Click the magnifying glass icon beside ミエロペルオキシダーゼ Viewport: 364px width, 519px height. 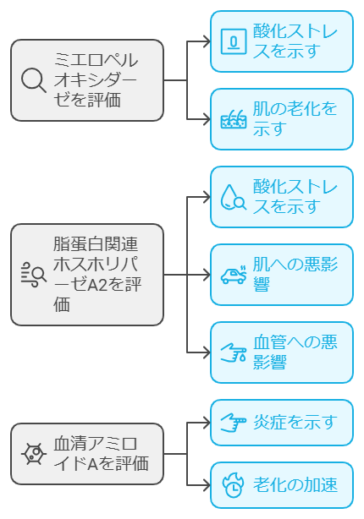coord(34,80)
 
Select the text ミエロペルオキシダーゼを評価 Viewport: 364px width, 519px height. coord(96,80)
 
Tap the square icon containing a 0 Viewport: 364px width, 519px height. coord(234,41)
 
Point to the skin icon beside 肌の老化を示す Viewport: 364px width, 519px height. coord(234,119)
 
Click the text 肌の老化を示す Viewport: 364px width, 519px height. coord(295,119)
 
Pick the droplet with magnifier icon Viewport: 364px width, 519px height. coord(234,197)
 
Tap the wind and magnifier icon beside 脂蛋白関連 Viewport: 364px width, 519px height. coord(34,275)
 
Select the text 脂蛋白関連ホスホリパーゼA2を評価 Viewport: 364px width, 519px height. coord(97,275)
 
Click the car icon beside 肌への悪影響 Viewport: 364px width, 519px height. coord(234,275)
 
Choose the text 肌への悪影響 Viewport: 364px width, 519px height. coord(295,275)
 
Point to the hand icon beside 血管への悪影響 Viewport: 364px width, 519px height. coord(234,352)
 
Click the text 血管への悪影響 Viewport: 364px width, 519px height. coord(295,352)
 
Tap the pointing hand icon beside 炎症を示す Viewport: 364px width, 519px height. coord(234,423)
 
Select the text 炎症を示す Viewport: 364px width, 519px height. coord(295,423)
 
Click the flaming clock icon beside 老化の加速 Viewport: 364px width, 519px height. coord(234,485)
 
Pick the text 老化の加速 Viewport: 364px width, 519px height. coord(295,485)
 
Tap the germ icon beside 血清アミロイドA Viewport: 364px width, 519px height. coord(34,454)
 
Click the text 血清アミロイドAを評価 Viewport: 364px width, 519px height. coord(101,454)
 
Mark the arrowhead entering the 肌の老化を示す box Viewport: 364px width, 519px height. coord(207,119)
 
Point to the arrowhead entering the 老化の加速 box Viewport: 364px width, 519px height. coord(207,485)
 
